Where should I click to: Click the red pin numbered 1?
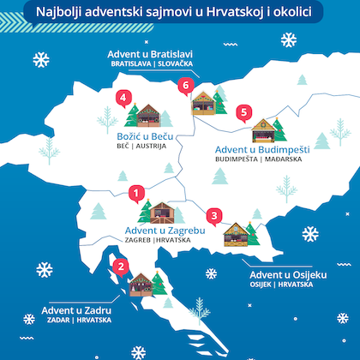pyautogui.click(x=135, y=194)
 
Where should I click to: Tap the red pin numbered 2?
pyautogui.click(x=122, y=267)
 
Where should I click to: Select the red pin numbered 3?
pyautogui.click(x=214, y=215)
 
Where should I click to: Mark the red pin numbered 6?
pyautogui.click(x=184, y=86)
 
